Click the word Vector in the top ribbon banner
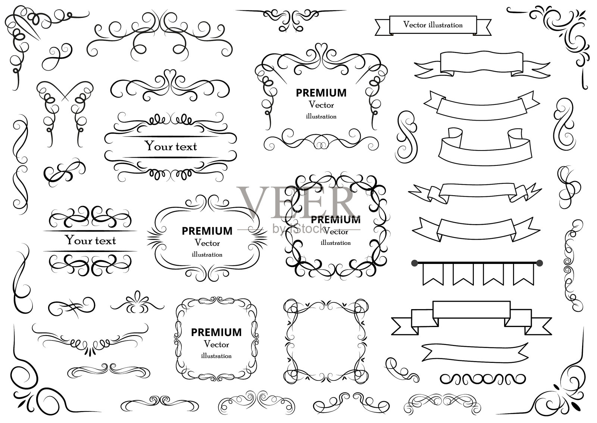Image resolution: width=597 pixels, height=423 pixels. pos(415,25)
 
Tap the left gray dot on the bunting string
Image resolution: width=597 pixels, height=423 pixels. pos(414,264)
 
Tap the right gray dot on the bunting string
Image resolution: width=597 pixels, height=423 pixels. pos(540,264)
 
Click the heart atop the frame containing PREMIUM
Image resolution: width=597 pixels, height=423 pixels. pos(321,49)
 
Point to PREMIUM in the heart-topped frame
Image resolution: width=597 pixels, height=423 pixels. pos(321,93)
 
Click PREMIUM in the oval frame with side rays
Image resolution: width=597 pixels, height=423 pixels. pos(207,231)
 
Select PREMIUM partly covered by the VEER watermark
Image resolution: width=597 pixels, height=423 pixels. pos(335,220)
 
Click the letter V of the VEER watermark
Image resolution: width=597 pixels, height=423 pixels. pos(254,203)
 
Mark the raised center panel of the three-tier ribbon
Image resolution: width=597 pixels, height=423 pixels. pos(471,310)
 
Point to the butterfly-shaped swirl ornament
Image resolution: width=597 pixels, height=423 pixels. pos(65,112)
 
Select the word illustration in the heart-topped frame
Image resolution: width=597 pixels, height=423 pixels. pos(321,116)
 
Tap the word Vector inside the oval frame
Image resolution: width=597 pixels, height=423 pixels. pos(207,243)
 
